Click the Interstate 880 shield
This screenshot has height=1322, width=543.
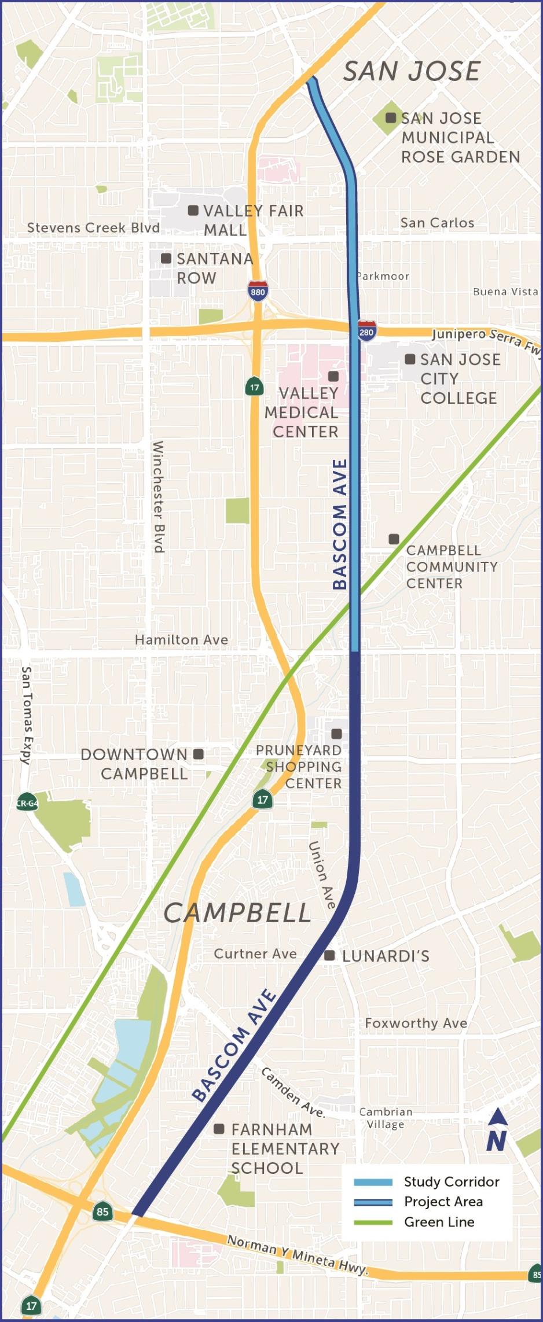coord(258,291)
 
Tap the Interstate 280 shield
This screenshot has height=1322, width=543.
coord(366,332)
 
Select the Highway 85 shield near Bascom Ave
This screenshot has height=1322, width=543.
coord(102,1211)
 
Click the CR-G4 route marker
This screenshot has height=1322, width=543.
coord(27,803)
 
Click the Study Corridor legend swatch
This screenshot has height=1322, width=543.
coord(373,1181)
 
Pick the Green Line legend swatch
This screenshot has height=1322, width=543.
coord(373,1222)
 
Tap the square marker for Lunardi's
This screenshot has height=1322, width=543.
coord(329,955)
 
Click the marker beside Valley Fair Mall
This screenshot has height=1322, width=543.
coord(193,211)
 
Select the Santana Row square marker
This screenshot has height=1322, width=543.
coord(166,258)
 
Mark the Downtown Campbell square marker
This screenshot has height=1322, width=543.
coord(199,754)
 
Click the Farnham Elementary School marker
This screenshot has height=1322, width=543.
coord(219,1129)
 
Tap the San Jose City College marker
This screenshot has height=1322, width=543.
coord(410,359)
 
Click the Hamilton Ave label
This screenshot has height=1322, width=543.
coord(181,639)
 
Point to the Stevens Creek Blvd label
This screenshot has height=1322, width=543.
coord(93,227)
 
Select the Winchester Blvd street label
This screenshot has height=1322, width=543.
coord(158,496)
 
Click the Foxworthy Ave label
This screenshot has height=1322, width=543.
coord(416,1023)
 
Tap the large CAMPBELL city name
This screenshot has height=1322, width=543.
coord(237,913)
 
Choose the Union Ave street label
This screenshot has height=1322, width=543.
coord(322,875)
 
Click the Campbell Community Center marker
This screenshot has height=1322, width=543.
coord(394,539)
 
